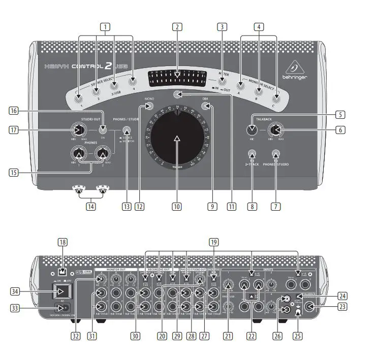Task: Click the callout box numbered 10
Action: (x=176, y=207)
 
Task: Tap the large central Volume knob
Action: (x=177, y=138)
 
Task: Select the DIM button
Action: (x=205, y=106)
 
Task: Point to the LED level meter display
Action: (x=177, y=77)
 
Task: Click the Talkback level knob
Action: (x=275, y=130)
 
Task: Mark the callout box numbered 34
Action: (x=16, y=291)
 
